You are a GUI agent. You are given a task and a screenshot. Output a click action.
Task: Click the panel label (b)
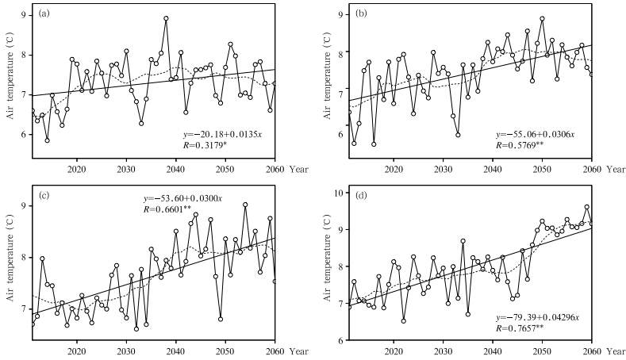[360, 13]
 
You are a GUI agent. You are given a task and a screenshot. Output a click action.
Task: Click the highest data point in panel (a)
[166, 18]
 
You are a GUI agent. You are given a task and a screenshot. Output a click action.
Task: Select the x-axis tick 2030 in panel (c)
[126, 351]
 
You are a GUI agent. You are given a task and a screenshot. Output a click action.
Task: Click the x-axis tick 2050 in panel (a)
[225, 170]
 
